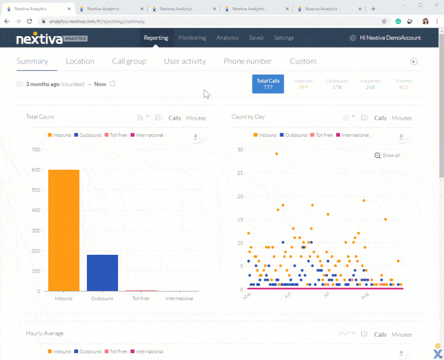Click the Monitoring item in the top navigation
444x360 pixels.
[x=192, y=38]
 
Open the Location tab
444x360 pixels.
[x=80, y=61]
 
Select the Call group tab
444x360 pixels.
[x=129, y=61]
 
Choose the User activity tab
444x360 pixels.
[x=185, y=61]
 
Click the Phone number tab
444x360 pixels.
[x=247, y=61]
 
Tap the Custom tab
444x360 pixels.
[x=303, y=61]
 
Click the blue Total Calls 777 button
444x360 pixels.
[x=268, y=84]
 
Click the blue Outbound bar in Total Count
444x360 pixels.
[x=102, y=273]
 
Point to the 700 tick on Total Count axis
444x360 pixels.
[x=36, y=150]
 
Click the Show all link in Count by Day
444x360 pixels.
[x=388, y=155]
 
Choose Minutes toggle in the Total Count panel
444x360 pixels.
[x=196, y=118]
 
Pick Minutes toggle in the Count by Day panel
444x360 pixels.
[x=402, y=118]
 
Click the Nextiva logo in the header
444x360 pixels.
[x=52, y=38]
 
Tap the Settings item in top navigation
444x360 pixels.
[x=284, y=38]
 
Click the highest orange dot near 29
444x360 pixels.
[x=276, y=153]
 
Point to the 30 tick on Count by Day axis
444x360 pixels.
[x=240, y=150]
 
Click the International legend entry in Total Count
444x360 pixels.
[x=148, y=135]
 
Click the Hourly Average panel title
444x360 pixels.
[x=44, y=333]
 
